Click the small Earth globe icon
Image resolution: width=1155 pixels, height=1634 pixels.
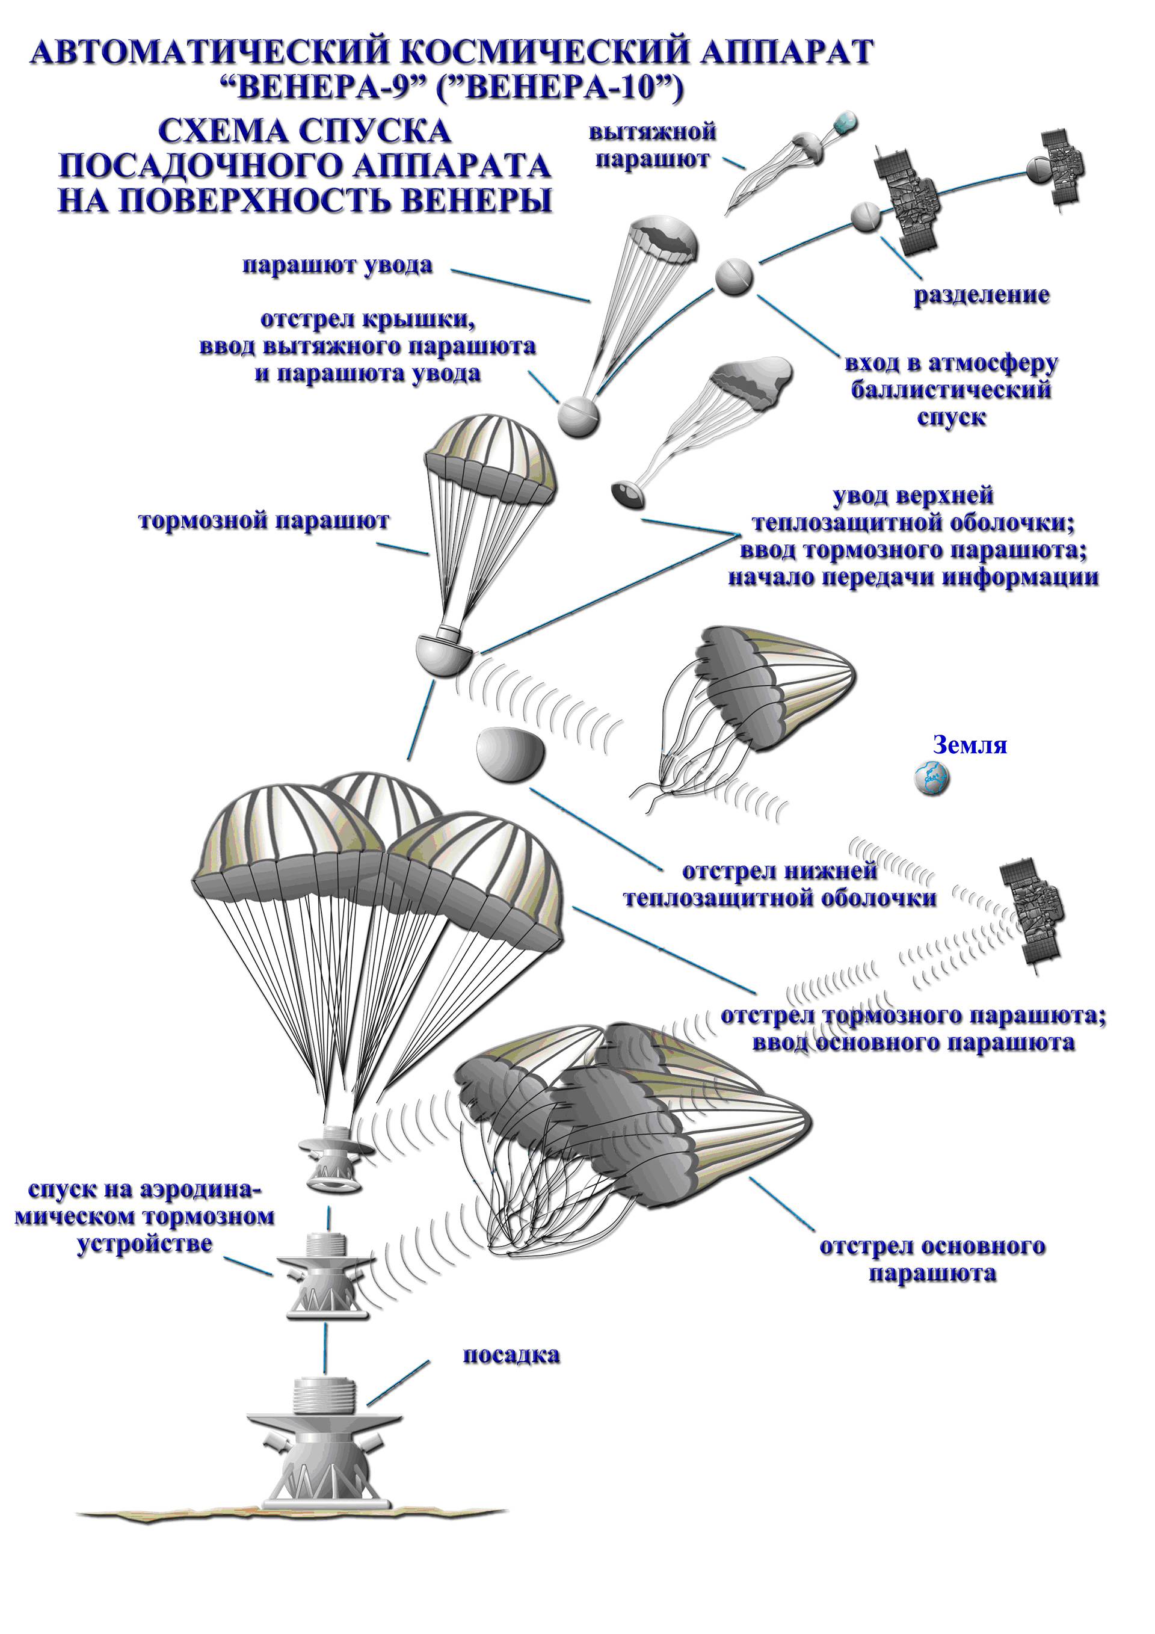[x=932, y=778]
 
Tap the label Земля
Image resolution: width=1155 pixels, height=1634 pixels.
[x=969, y=745]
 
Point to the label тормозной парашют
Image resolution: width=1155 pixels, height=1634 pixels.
[x=265, y=521]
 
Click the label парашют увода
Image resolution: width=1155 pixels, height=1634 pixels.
[x=338, y=265]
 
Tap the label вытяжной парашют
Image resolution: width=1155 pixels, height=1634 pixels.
[x=653, y=145]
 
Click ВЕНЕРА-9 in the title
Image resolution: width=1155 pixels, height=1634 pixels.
[x=323, y=88]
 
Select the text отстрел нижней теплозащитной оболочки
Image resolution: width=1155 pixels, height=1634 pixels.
[x=780, y=884]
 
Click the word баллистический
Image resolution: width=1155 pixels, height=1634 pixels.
[x=952, y=390]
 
